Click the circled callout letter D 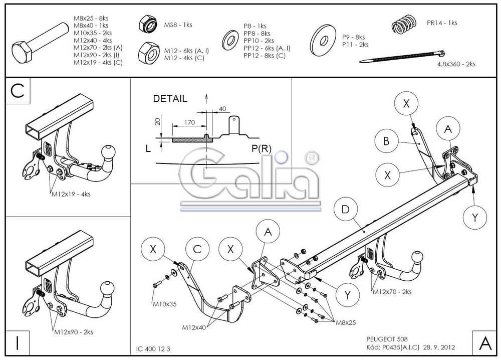(345, 210)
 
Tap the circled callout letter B (386, 141)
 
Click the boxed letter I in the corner (18, 343)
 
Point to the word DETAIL (170, 99)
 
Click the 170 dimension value (189, 121)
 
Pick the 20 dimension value (157, 122)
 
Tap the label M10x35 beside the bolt (165, 304)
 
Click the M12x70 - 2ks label (391, 291)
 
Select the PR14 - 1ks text (442, 23)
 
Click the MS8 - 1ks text (178, 25)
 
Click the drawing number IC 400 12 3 (156, 348)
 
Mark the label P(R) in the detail (262, 148)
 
